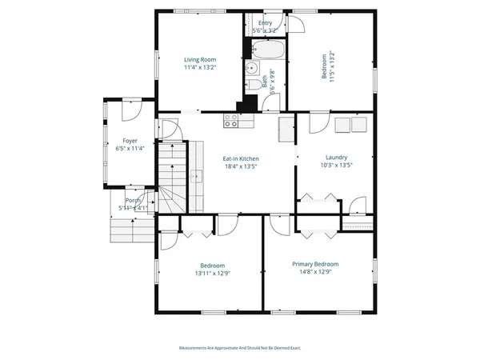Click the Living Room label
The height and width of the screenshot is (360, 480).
point(200,59)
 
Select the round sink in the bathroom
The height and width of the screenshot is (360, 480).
point(250,67)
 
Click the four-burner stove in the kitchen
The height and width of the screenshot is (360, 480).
point(231,122)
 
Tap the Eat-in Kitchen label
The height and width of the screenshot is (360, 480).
point(240,158)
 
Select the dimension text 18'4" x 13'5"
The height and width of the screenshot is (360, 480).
point(240,168)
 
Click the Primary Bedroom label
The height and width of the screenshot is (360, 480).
point(315,264)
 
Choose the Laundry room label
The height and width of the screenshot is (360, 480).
point(336,157)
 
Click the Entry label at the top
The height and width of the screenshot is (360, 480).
point(265,23)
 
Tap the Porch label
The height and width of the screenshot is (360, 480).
point(133,200)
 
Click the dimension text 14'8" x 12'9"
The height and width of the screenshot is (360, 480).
point(315,273)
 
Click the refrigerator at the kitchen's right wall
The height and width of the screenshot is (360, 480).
point(286,128)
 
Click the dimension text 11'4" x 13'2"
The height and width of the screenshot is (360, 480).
point(200,68)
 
